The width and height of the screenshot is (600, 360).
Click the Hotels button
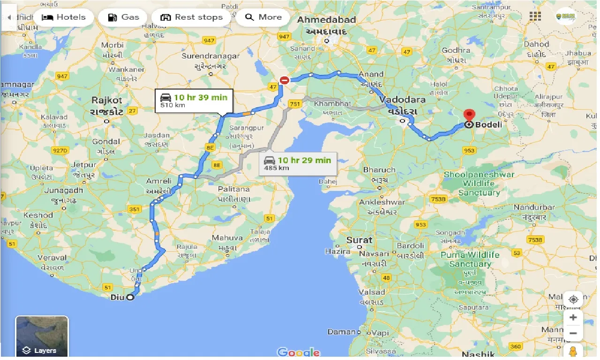tap(64, 17)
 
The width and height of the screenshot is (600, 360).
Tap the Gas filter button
tap(123, 17)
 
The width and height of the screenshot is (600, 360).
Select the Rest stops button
tap(191, 17)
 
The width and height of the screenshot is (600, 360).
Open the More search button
tap(263, 17)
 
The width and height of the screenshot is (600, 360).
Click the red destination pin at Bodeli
tap(469, 116)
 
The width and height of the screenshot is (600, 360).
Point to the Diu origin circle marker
tap(130, 297)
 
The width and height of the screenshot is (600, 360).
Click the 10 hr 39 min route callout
tap(193, 101)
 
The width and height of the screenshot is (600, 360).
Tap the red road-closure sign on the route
tap(284, 80)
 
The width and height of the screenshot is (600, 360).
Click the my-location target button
tap(573, 299)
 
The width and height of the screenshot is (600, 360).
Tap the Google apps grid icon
tap(535, 16)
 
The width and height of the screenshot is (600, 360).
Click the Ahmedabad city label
tap(327, 20)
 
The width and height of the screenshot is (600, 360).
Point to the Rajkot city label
tap(107, 100)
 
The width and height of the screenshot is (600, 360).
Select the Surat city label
tap(359, 240)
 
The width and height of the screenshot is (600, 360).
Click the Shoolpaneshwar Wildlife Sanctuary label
tap(479, 183)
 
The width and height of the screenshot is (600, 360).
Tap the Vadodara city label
tap(402, 100)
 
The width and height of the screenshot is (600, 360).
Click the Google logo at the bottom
tap(298, 352)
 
